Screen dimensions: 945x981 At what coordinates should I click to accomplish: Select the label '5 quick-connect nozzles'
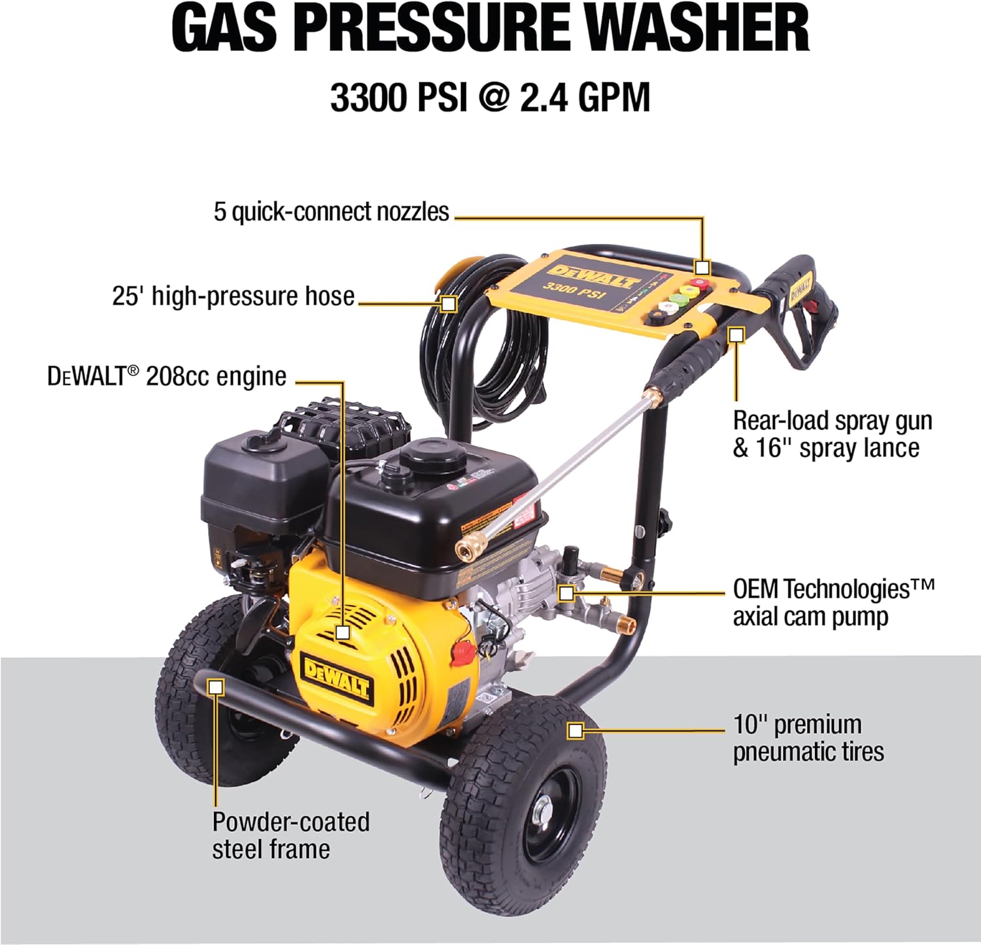pos(331,212)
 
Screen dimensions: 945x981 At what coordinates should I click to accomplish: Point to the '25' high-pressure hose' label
pos(233,296)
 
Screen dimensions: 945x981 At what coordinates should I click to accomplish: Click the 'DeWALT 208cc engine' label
pos(167,377)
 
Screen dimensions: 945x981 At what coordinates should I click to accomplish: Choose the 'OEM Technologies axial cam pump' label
pos(833,602)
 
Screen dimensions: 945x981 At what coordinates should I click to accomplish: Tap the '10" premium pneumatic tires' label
pos(808,738)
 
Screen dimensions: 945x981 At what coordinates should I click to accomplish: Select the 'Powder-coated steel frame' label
pos(290,835)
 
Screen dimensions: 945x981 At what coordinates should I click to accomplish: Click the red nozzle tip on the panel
pos(700,285)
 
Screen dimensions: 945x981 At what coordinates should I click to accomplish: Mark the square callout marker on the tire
pos(575,730)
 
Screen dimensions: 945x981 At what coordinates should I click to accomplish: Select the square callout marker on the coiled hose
pos(449,303)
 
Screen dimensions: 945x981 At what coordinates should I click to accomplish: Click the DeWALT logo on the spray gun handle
pos(801,287)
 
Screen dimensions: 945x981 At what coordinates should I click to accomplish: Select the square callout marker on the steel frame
pos(216,687)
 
